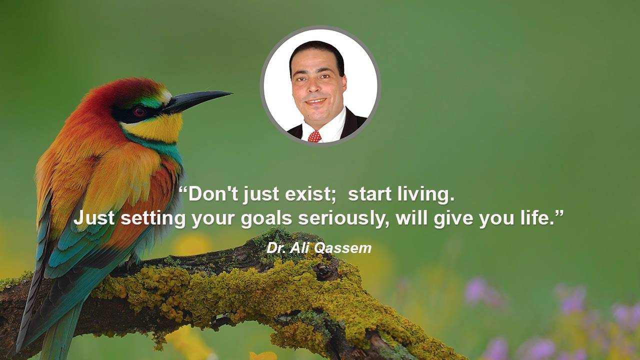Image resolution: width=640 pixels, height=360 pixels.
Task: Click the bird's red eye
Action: [139, 111]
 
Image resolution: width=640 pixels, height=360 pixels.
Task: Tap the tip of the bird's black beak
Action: [232, 93]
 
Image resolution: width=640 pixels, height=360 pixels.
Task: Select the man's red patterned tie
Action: [314, 136]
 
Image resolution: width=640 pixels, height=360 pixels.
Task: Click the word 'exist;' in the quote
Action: [311, 194]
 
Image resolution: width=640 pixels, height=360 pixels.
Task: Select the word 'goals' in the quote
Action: [266, 219]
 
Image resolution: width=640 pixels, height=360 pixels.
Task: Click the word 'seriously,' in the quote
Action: [343, 219]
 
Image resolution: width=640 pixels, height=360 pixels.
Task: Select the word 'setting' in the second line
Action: [153, 219]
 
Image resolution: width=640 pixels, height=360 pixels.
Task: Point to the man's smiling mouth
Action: [316, 101]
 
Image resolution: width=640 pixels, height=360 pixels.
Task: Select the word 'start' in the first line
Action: [369, 194]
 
